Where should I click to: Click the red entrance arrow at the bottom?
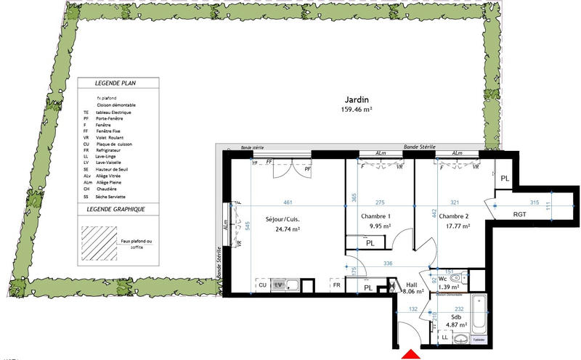pyautogui.click(x=411, y=354)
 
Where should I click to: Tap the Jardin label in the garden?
pyautogui.click(x=356, y=100)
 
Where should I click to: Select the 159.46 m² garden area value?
pyautogui.click(x=356, y=110)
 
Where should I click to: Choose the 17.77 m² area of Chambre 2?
pyautogui.click(x=455, y=226)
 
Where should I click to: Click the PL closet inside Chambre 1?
pyautogui.click(x=370, y=243)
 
